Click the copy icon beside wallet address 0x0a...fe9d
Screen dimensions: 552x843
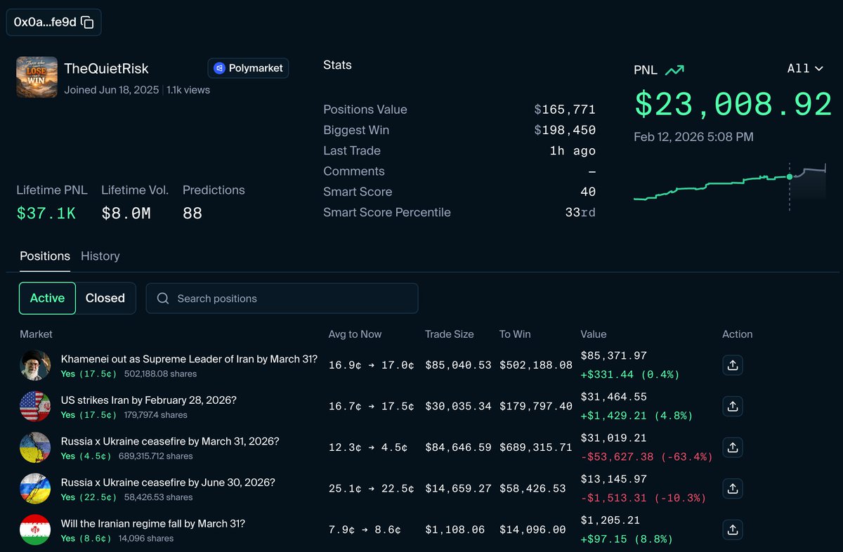pyautogui.click(x=87, y=22)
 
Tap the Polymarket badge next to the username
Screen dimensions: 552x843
pyautogui.click(x=248, y=68)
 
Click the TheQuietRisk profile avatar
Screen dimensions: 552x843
pyautogui.click(x=37, y=77)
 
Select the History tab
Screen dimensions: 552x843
pyautogui.click(x=100, y=256)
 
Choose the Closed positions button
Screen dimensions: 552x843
pyautogui.click(x=105, y=298)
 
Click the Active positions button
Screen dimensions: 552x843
pyautogui.click(x=47, y=298)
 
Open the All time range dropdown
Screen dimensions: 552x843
pyautogui.click(x=805, y=68)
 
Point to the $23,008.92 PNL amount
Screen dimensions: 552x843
pyautogui.click(x=733, y=105)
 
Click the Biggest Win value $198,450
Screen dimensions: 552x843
pyautogui.click(x=565, y=130)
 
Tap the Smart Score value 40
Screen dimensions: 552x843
pyautogui.click(x=588, y=192)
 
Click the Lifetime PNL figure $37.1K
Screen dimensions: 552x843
pyautogui.click(x=46, y=213)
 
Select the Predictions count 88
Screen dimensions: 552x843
pyautogui.click(x=192, y=213)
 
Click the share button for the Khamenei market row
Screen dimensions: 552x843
pyautogui.click(x=732, y=366)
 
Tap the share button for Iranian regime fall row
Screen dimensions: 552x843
pyautogui.click(x=732, y=530)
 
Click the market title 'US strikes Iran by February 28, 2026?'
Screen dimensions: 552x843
pyautogui.click(x=149, y=400)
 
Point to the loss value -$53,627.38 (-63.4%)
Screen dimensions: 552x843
pyautogui.click(x=646, y=456)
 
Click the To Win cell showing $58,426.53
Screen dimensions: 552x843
pyautogui.click(x=532, y=489)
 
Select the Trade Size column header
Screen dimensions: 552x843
pyautogui.click(x=449, y=334)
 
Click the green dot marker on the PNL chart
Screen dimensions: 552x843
pyautogui.click(x=790, y=176)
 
